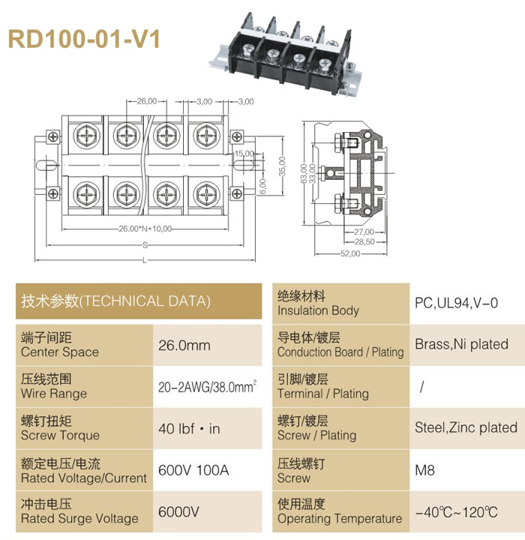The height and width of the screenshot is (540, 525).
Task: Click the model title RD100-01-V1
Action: coord(84,39)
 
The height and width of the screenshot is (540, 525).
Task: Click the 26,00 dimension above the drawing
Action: coord(147,101)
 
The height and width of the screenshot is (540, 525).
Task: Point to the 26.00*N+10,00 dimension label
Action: coord(145,229)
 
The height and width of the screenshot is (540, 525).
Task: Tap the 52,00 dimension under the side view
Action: coord(350,253)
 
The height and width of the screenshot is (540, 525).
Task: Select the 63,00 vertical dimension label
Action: coord(304,173)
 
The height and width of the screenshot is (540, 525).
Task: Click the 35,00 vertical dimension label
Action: coord(282,166)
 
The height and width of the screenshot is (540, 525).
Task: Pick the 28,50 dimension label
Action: coord(364,241)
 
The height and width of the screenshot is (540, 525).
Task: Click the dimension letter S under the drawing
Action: coord(145,245)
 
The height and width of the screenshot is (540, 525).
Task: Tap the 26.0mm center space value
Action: coord(184,346)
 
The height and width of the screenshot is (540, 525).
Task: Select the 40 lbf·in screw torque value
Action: coord(189,429)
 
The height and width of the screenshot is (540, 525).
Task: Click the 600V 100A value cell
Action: coord(193,470)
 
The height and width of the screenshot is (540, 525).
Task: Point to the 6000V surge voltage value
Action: coord(178,511)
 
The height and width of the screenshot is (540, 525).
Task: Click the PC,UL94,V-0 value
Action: coord(457,303)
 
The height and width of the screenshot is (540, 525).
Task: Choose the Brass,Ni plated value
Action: coord(461,344)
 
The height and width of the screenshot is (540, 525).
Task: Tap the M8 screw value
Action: coord(424,470)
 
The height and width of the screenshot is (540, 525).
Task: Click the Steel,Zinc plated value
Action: coord(466,427)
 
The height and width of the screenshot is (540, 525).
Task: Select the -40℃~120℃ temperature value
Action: coord(457,512)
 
